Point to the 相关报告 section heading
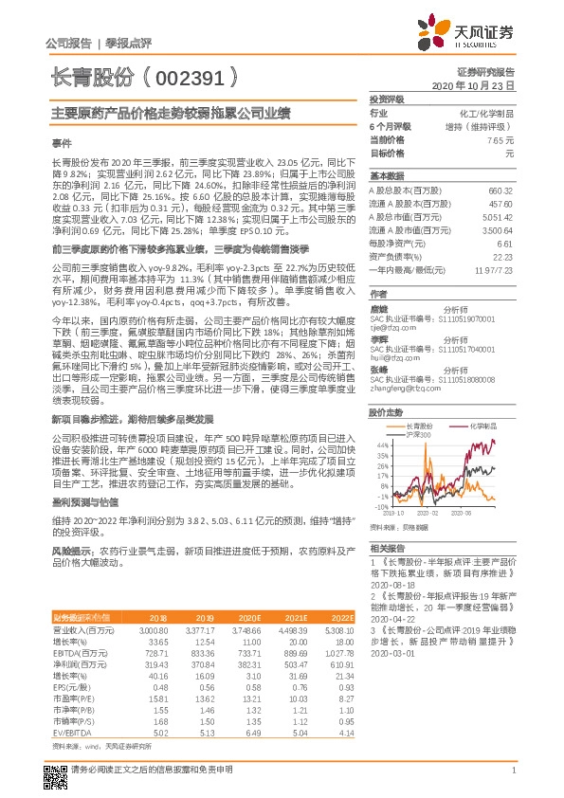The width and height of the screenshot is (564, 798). (x=387, y=548)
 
